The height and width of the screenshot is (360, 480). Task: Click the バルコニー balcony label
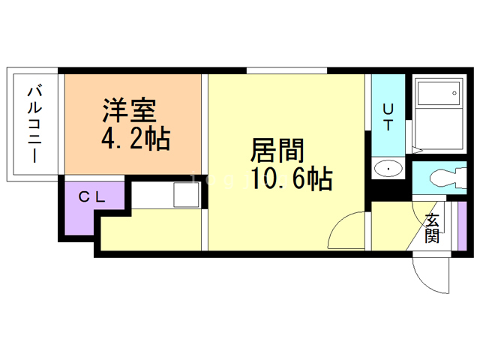pyautogui.click(x=34, y=124)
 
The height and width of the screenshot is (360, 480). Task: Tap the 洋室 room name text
pyautogui.click(x=130, y=110)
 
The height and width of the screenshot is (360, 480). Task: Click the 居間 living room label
pyautogui.click(x=277, y=150)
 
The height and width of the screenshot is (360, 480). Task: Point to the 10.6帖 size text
pyautogui.click(x=292, y=178)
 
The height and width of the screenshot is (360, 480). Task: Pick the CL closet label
pyautogui.click(x=91, y=196)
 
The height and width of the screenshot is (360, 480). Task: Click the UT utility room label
pyautogui.click(x=388, y=117)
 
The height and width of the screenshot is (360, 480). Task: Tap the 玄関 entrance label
pyautogui.click(x=432, y=228)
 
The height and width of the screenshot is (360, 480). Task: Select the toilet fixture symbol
pyautogui.click(x=448, y=178)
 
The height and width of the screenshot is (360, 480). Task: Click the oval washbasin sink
pyautogui.click(x=388, y=168)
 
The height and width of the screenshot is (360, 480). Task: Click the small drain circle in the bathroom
pyautogui.click(x=454, y=93)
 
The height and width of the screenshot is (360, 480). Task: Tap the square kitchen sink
pyautogui.click(x=186, y=195)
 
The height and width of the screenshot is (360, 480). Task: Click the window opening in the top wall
pyautogui.click(x=286, y=70)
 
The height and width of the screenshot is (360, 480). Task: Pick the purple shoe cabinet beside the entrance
pyautogui.click(x=462, y=226)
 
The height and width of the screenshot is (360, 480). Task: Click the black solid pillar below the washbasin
pyautogui.click(x=388, y=190)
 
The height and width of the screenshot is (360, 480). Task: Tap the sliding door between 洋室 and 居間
pyautogui.click(x=205, y=124)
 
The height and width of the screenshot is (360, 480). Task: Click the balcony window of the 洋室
pyautogui.click(x=61, y=124)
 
